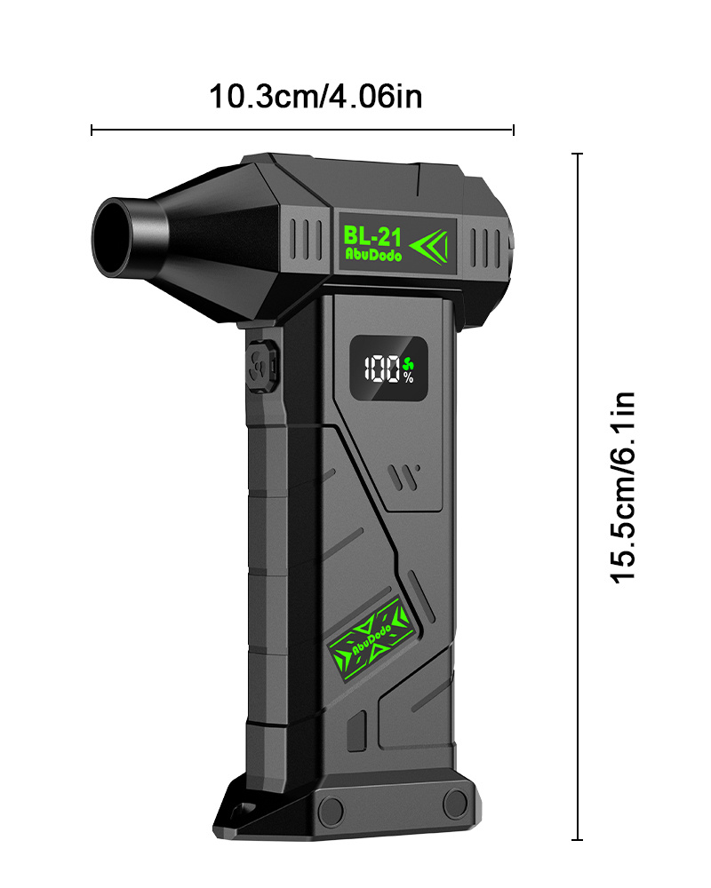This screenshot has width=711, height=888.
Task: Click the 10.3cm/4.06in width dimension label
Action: tap(316, 97)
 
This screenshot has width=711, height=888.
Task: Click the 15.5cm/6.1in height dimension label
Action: tap(623, 488)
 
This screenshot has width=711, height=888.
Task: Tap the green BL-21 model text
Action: tap(372, 236)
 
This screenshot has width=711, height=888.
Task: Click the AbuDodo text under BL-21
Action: tap(373, 255)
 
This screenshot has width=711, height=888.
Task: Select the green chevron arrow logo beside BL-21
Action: tap(429, 246)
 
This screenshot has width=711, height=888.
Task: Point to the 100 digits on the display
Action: tap(382, 369)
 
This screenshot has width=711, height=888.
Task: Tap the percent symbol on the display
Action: tap(409, 378)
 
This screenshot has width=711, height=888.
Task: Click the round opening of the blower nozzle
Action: tap(112, 237)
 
